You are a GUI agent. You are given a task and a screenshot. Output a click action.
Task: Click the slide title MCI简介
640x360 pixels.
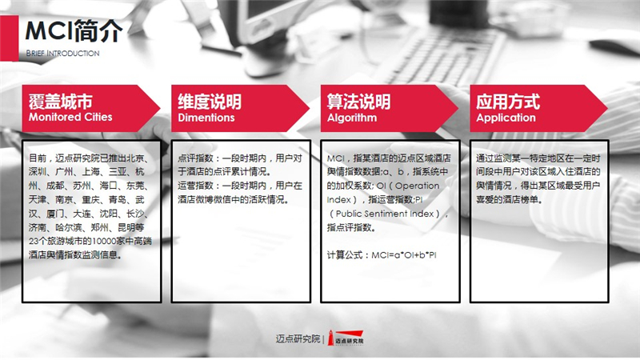(74, 30)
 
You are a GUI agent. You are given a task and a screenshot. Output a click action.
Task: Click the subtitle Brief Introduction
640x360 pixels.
(62, 53)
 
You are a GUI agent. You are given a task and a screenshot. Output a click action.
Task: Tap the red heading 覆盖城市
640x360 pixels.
(61, 102)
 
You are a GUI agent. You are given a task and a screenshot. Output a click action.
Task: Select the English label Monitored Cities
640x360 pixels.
(70, 117)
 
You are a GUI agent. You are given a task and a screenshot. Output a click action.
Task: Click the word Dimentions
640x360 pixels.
(206, 118)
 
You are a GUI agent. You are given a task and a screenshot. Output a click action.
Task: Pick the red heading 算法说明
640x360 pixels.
(358, 102)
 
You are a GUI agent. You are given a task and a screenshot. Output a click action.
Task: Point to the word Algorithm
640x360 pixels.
(352, 118)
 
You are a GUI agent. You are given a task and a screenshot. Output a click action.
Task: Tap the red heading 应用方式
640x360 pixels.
(508, 102)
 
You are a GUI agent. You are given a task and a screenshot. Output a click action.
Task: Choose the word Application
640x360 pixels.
(506, 118)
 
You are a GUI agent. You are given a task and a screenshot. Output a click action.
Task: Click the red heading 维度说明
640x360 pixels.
(210, 102)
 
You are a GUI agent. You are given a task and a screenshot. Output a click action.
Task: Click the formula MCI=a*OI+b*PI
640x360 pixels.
(404, 255)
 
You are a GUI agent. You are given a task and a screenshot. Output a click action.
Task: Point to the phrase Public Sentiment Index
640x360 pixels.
(385, 214)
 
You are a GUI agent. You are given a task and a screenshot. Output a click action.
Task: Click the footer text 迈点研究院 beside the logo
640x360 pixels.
(298, 338)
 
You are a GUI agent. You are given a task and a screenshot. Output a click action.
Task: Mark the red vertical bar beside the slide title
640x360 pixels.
(9, 38)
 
